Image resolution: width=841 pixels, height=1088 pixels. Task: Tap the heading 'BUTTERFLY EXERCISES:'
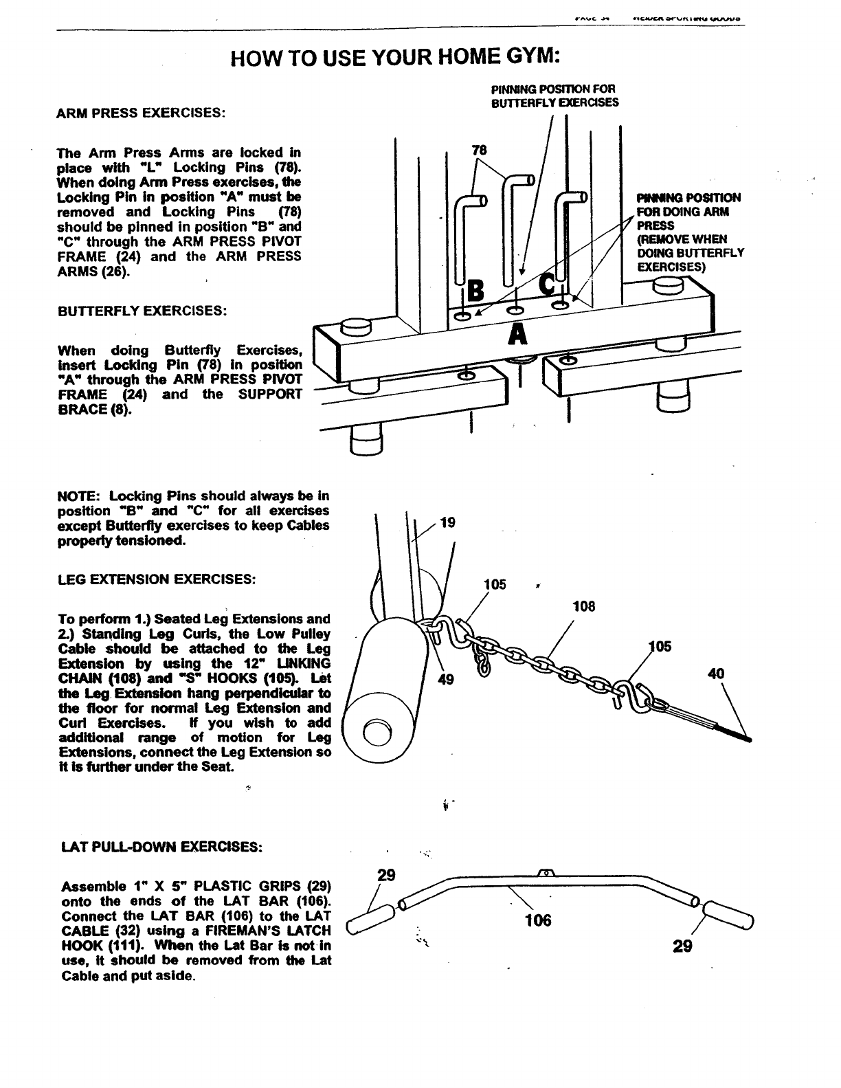(142, 311)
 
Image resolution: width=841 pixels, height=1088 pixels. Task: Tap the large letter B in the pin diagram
(475, 293)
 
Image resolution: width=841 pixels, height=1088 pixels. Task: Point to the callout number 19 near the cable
(447, 524)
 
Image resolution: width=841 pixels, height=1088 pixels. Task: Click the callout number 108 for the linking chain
(583, 607)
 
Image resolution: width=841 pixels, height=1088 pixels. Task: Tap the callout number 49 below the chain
(447, 680)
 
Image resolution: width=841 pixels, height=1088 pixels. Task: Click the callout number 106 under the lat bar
(537, 920)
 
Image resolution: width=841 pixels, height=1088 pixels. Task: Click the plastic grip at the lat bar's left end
(372, 919)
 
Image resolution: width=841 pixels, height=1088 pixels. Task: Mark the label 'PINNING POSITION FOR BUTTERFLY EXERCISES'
(554, 96)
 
